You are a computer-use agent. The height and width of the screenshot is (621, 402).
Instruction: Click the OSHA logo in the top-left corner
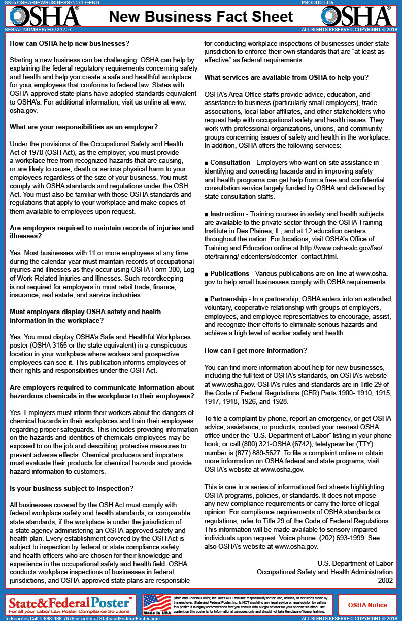coord(45,16)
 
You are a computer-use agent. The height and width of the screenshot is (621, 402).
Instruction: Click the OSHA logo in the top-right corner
coord(357,16)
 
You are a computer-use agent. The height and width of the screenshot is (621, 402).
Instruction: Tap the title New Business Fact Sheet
coord(201,17)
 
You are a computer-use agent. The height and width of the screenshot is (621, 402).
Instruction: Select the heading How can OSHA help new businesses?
coord(70,44)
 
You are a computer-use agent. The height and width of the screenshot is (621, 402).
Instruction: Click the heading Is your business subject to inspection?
coord(72,488)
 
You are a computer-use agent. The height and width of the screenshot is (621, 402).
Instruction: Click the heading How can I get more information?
coord(255,351)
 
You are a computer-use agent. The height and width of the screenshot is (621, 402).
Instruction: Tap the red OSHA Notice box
coord(367,605)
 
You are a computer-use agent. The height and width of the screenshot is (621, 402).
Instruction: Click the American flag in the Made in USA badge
coord(157,603)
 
